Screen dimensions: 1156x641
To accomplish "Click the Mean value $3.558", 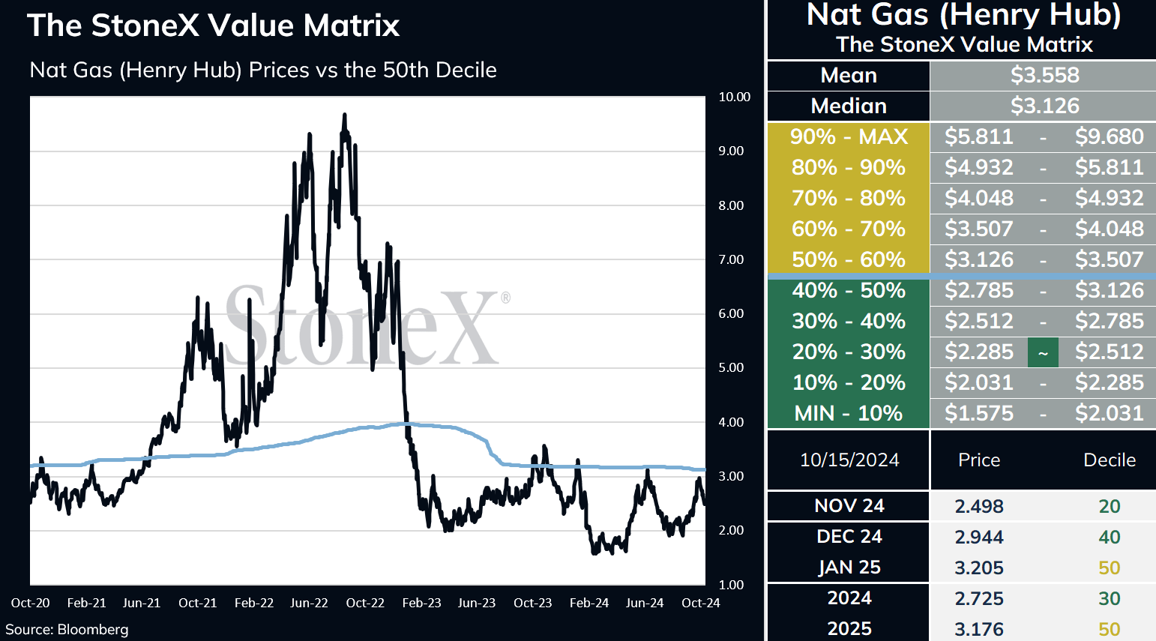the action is pos(1044,76).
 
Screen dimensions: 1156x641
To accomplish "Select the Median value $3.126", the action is pos(1044,106).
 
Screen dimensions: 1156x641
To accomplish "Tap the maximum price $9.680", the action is pos(1110,136).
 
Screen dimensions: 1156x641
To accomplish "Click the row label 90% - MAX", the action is pos(849,136).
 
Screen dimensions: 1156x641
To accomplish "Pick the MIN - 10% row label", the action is pos(849,413).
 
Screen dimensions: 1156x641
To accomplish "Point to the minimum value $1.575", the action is pos(979,413).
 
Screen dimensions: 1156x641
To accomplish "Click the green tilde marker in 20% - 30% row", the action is pos(1043,353).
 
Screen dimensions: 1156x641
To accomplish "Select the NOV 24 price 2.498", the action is pos(979,506).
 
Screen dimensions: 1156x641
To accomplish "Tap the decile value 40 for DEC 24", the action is pos(1110,538).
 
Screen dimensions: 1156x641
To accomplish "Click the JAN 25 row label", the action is pos(849,568).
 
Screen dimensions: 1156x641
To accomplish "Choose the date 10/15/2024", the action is pos(849,460).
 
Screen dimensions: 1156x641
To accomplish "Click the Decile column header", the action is pos(1110,460).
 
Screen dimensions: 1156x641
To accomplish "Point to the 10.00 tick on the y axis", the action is pos(735,97).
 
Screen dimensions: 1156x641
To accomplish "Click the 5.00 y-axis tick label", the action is pos(731,367).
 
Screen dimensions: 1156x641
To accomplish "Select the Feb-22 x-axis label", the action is pos(254,603).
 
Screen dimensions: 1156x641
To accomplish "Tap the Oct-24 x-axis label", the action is pos(700,603).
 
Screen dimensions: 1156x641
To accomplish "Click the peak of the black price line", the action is pos(344,114).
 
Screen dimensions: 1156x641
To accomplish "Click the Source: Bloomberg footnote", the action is pos(67,630).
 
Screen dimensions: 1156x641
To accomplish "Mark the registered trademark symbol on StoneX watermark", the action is pos(506,298).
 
